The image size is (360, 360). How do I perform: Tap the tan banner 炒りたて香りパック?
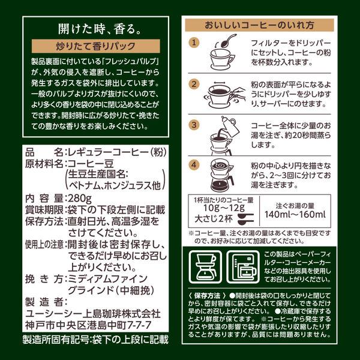[96, 46]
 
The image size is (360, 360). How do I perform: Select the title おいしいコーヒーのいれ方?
[259, 25]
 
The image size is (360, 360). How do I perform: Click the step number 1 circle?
[194, 43]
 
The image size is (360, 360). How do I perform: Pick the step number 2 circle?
[194, 84]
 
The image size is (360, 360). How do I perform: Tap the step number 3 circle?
[194, 125]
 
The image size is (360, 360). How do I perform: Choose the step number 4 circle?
[194, 165]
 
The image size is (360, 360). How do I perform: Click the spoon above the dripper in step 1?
[228, 40]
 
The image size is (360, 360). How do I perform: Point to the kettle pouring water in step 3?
[230, 125]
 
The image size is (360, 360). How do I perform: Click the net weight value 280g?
[79, 198]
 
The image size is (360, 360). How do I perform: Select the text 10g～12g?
[224, 208]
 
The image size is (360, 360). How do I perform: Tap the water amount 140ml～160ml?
[295, 214]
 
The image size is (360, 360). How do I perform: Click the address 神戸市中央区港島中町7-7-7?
[88, 325]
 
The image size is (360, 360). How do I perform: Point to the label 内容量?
[44, 199]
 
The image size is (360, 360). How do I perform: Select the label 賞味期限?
[44, 210]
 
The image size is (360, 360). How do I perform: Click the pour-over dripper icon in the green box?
[205, 267]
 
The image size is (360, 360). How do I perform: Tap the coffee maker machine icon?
[244, 267]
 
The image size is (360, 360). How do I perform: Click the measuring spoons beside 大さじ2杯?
[246, 219]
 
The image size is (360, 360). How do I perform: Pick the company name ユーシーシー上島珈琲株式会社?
[93, 314]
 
